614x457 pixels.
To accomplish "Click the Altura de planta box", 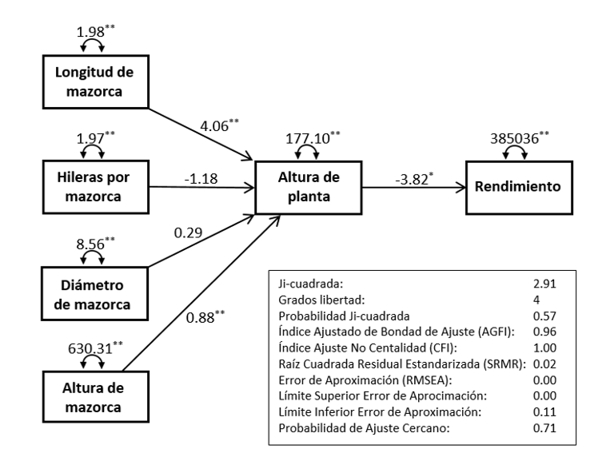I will tap(307, 188).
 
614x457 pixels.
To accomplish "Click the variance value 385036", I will tap(515, 137).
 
